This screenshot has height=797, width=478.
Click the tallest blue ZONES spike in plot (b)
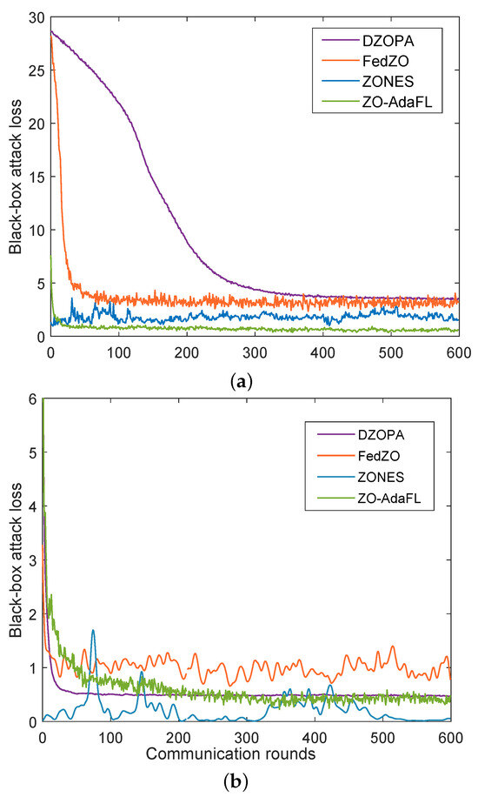point(93,631)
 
